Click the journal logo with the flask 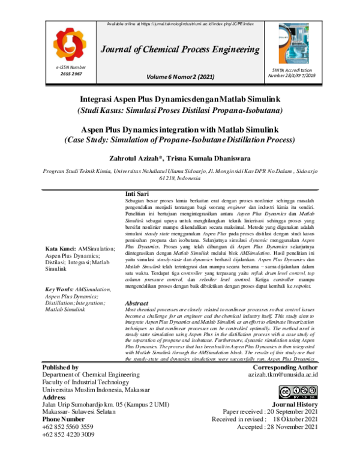(x=71, y=41)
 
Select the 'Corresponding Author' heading (x=285, y=367)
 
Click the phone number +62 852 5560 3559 (x=68, y=427)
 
